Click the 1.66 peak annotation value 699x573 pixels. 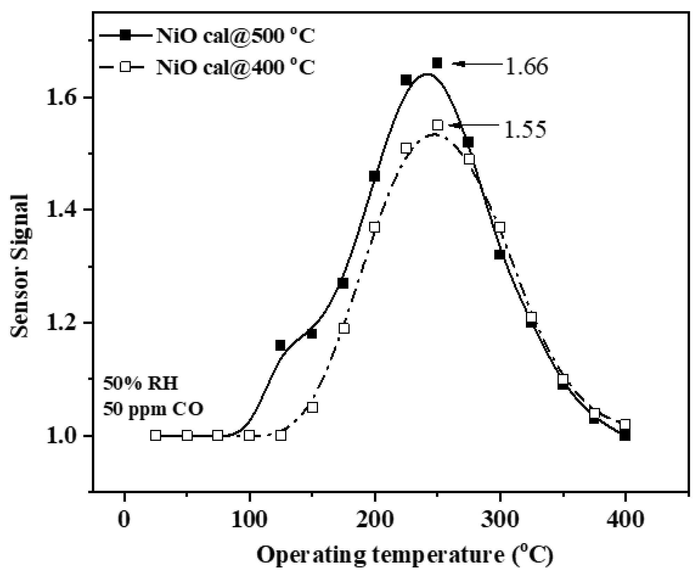526,66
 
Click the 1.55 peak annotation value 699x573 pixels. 525,129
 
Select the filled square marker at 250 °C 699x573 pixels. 437,63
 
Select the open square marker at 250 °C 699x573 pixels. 438,125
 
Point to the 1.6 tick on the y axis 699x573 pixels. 89,97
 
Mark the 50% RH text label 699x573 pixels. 140,384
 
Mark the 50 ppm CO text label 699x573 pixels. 153,409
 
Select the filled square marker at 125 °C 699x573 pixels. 280,345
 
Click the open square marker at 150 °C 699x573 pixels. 312,407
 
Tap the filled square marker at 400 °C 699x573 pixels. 625,436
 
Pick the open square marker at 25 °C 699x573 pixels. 156,436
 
